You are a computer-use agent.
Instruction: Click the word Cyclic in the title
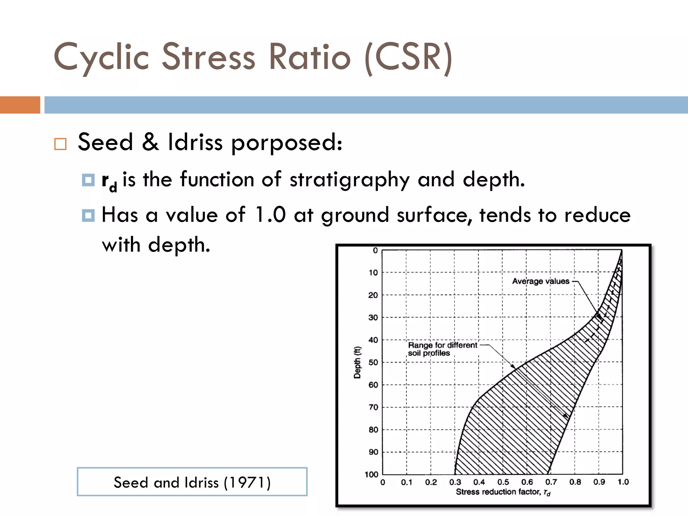tap(101, 57)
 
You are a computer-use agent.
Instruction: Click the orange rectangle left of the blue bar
tap(20, 105)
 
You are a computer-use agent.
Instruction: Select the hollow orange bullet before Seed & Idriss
tap(60, 144)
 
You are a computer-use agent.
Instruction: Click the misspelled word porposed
tap(287, 143)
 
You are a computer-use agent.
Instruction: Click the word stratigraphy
tap(349, 180)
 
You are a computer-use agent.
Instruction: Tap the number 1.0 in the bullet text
tap(270, 215)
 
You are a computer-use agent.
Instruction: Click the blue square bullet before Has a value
tap(88, 215)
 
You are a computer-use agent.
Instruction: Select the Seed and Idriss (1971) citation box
tap(192, 482)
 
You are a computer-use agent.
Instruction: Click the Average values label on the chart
tap(541, 281)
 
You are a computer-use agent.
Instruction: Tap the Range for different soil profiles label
tap(442, 349)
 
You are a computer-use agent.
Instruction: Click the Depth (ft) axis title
tap(357, 362)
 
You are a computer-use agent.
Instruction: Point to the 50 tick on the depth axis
tap(373, 362)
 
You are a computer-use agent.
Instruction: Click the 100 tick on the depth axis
tap(372, 474)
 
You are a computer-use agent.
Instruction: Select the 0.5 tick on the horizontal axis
tap(503, 482)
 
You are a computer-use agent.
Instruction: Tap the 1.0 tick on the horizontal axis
tap(623, 482)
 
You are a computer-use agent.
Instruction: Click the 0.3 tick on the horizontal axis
tap(455, 482)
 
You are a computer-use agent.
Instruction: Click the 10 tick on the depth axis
tap(373, 272)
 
